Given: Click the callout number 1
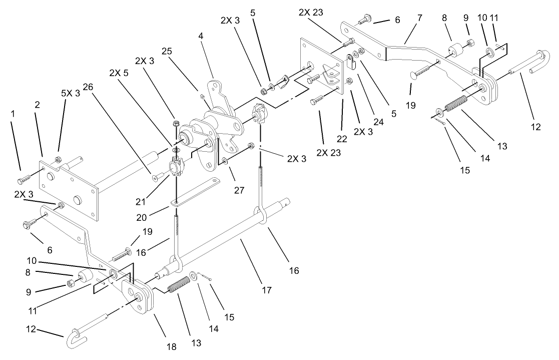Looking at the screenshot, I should point(14,115).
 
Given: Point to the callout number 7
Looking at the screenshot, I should point(419,18).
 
